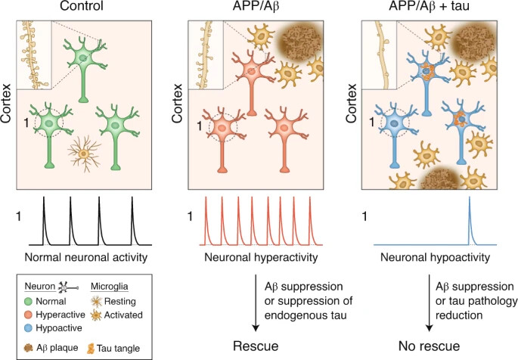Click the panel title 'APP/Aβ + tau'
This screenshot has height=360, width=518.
coord(430,9)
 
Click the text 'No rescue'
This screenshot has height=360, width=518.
coord(432,348)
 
